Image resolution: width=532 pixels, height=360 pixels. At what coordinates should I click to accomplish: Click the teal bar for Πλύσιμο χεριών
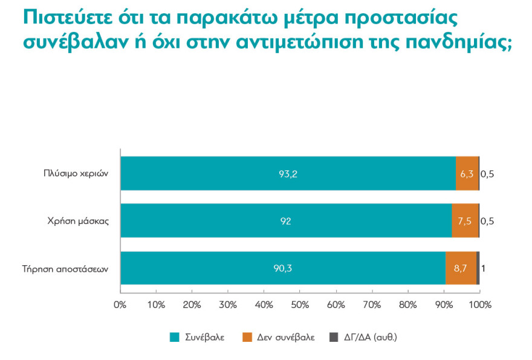[288, 174]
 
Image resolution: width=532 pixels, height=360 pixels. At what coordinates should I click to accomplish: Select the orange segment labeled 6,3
[467, 174]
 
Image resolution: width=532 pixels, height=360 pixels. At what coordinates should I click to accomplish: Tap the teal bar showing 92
[285, 221]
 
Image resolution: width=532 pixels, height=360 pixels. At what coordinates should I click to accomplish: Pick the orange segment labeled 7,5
[465, 221]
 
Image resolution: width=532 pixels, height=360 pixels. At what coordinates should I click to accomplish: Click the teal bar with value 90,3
[283, 268]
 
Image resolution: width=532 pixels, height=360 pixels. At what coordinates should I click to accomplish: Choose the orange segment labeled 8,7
[461, 268]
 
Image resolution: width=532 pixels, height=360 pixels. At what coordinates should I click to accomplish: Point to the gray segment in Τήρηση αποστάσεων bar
[478, 268]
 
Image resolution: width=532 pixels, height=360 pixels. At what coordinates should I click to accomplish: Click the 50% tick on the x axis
[300, 304]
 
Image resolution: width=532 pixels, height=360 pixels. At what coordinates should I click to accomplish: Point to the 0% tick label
[120, 304]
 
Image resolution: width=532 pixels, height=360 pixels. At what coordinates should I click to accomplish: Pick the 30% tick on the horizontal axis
[228, 304]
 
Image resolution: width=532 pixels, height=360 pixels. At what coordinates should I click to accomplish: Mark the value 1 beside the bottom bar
[484, 268]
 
